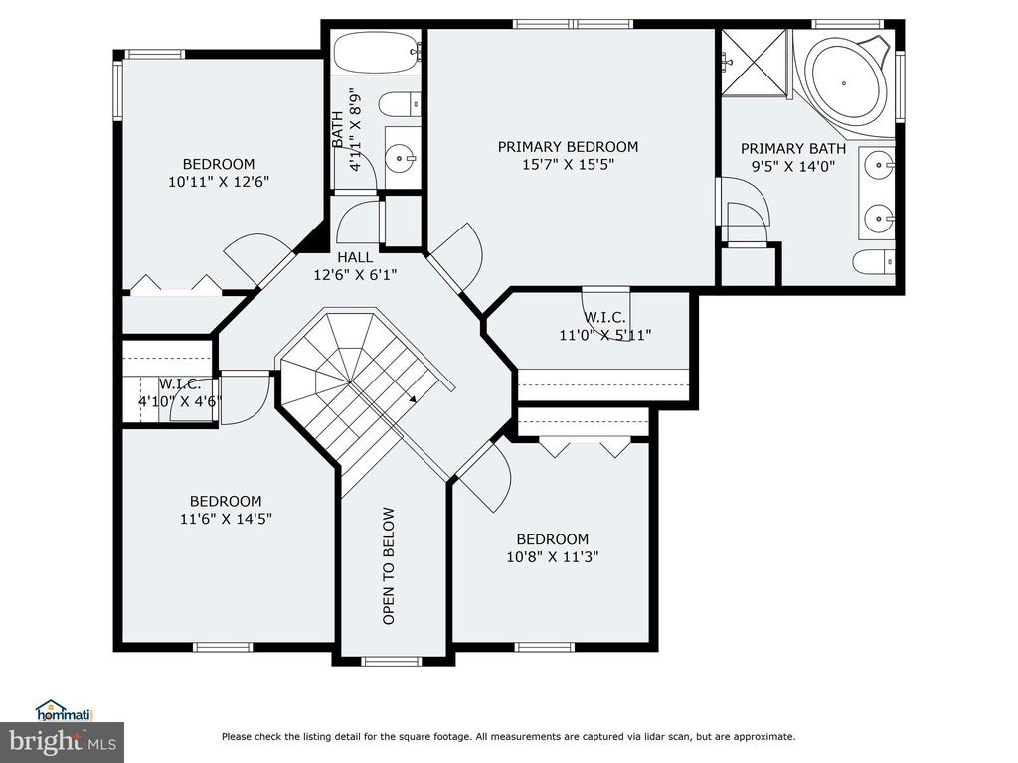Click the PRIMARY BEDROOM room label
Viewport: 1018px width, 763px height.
(x=568, y=147)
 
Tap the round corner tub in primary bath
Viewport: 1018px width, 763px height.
(x=844, y=83)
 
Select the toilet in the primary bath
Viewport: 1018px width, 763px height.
(x=873, y=262)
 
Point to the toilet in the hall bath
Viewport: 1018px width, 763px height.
(x=399, y=103)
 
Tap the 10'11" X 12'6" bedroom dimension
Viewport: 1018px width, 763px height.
(x=219, y=182)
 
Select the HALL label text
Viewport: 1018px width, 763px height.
(x=355, y=257)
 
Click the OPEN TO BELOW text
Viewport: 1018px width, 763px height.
(x=389, y=565)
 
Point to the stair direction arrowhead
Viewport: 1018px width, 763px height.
(x=413, y=398)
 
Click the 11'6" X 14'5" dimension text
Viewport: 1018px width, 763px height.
(x=226, y=519)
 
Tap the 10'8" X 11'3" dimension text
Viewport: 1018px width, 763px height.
(x=553, y=556)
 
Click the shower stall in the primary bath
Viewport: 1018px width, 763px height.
(x=755, y=63)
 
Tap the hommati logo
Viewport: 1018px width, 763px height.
(x=65, y=711)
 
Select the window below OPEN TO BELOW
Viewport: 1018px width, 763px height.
(x=392, y=661)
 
